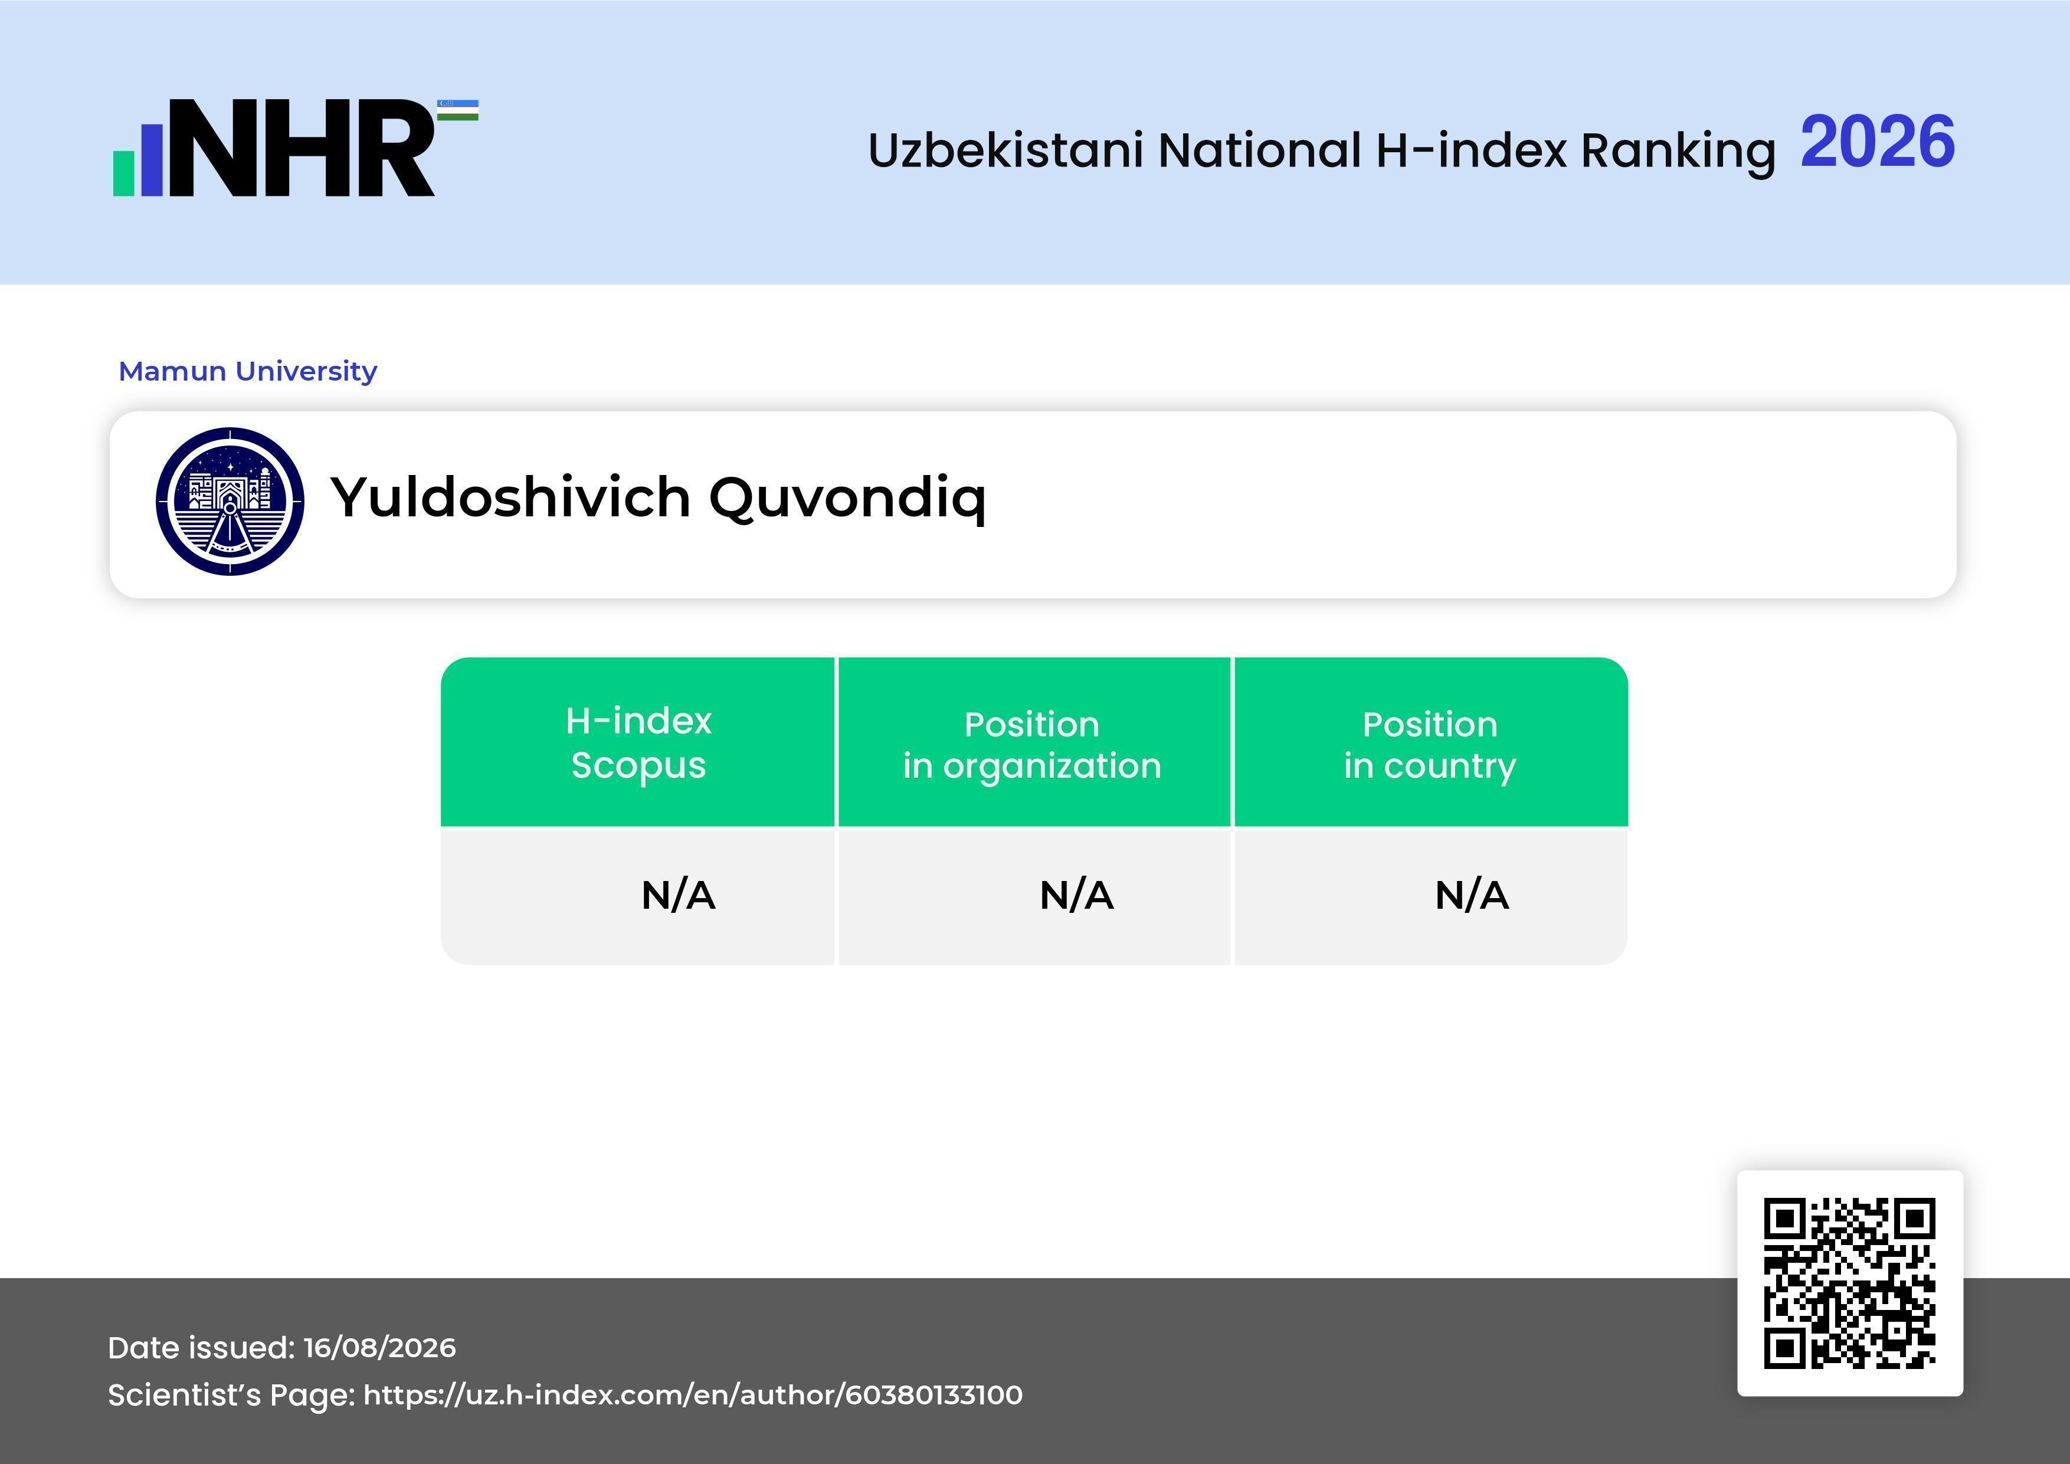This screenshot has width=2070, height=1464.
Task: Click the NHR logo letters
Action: point(302,148)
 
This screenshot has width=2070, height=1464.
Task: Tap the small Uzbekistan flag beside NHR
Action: point(458,110)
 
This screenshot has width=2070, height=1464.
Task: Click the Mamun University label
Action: point(248,371)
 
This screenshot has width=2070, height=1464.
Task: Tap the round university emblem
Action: point(230,501)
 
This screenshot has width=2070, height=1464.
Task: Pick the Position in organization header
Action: point(1032,745)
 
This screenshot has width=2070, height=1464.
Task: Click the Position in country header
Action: point(1430,745)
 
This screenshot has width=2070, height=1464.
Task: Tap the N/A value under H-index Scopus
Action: point(678,895)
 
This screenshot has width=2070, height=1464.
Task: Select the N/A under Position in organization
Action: point(1076,895)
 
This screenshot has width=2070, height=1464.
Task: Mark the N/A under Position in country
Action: point(1471,895)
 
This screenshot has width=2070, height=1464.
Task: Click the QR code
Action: point(1850,1283)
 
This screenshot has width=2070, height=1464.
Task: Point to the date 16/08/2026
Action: point(379,1348)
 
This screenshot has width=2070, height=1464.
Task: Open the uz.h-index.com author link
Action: point(693,1396)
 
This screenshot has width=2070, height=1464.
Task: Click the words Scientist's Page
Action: point(231,1396)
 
